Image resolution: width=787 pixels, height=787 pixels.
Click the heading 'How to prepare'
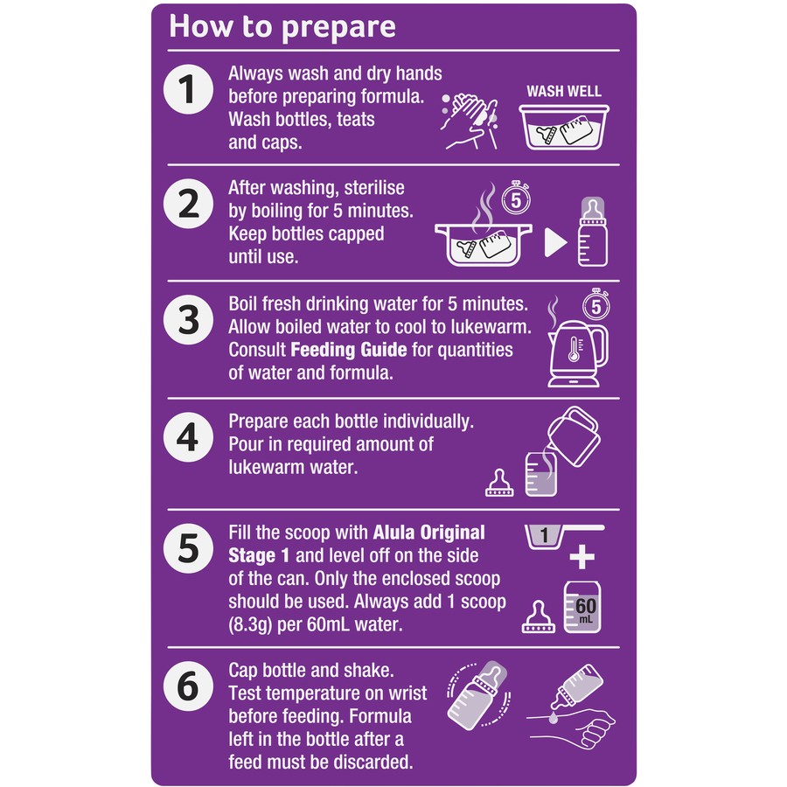pyautogui.click(x=282, y=27)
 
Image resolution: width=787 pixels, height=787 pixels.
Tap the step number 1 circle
pyautogui.click(x=188, y=89)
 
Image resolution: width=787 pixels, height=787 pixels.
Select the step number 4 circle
pyautogui.click(x=188, y=437)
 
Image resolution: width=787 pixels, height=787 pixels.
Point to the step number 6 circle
pyautogui.click(x=188, y=686)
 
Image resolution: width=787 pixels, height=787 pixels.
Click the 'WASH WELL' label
pyautogui.click(x=564, y=91)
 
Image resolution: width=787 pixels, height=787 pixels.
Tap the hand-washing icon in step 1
pyautogui.click(x=470, y=121)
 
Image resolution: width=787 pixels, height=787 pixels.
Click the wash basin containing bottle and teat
pyautogui.click(x=564, y=127)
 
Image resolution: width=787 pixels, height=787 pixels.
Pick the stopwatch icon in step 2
pyautogui.click(x=516, y=198)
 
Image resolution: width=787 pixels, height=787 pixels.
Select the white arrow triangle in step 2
pyautogui.click(x=555, y=243)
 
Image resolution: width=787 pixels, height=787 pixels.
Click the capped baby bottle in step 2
pyautogui.click(x=593, y=232)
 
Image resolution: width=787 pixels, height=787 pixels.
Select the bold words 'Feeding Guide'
pyautogui.click(x=348, y=349)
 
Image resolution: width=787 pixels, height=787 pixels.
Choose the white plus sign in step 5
pyautogui.click(x=582, y=557)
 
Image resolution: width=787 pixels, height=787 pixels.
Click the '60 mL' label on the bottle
pyautogui.click(x=585, y=609)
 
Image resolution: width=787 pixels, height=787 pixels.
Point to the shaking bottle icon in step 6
pyautogui.click(x=477, y=695)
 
